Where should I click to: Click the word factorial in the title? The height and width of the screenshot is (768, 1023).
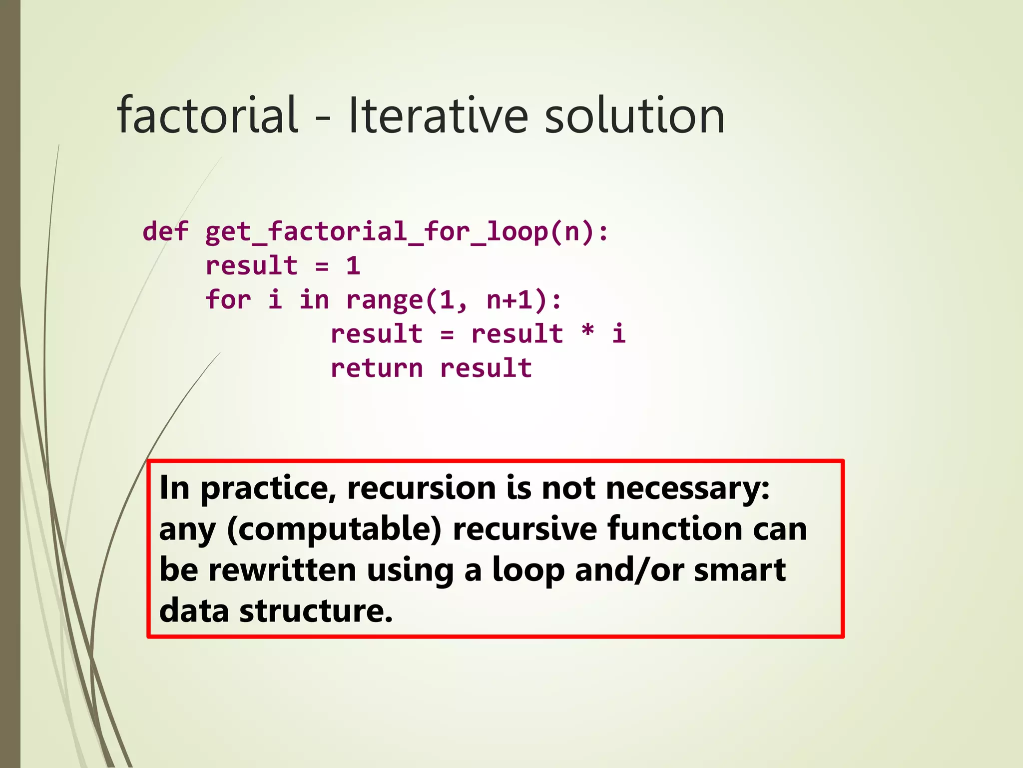207,115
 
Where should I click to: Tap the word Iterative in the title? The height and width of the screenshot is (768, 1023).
438,115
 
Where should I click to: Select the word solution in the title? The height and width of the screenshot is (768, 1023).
634,115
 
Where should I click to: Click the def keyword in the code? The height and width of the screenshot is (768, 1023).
165,231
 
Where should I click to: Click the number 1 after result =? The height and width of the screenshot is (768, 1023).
353,265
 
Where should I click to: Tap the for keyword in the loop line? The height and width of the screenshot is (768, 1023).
228,299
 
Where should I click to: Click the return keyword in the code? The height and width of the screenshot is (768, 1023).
377,368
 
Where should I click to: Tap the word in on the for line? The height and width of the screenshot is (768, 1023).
314,299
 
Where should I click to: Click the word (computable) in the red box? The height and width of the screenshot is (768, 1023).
334,529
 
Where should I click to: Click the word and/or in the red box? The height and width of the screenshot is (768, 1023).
629,570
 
